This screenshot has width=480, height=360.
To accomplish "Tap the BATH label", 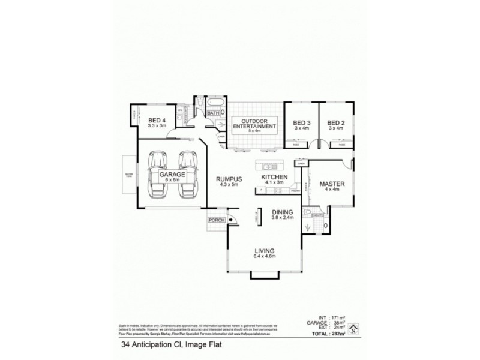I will pos(213,113).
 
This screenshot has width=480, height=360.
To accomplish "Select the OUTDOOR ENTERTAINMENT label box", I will pos(254,125).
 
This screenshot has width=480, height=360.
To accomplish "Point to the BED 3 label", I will pos(301,124).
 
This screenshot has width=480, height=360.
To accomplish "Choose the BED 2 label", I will pos(336,124).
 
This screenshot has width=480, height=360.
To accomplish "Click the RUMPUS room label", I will pos(229,181).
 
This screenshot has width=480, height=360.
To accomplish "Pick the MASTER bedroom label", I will pos(331,187).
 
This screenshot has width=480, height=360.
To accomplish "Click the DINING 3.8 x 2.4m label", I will pos(282,215).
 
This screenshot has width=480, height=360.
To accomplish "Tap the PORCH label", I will pos(216,220).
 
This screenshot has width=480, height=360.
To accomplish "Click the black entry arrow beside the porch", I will pos(230,220).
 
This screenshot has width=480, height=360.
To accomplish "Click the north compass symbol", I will pos(355,327).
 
